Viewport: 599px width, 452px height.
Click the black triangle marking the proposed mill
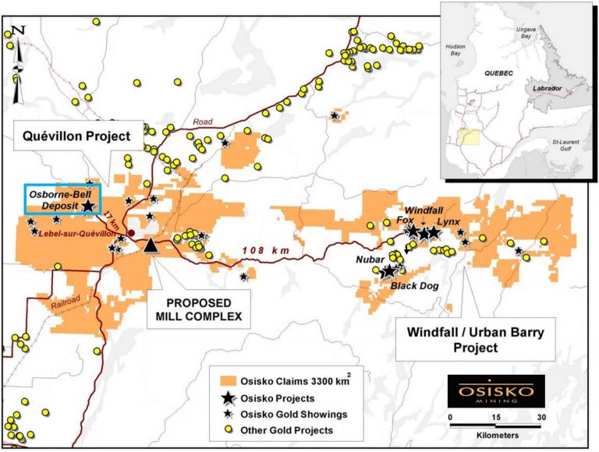(151, 245)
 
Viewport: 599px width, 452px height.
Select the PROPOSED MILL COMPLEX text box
(200, 309)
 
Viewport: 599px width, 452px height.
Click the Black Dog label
(415, 286)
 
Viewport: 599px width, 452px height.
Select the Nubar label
(370, 258)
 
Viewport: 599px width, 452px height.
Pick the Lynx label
(448, 222)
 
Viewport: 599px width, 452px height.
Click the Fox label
(405, 221)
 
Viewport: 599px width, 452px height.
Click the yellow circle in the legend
(227, 429)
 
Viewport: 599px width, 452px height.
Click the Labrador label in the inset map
(545, 89)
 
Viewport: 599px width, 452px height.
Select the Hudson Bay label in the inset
(455, 50)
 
